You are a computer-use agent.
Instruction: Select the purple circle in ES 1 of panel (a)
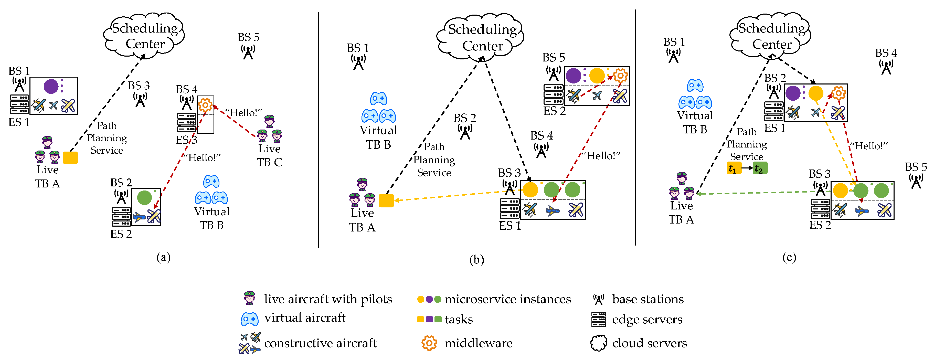coord(51,86)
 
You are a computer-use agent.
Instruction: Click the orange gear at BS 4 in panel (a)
coord(205,105)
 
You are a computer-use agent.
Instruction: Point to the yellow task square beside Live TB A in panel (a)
coord(70,158)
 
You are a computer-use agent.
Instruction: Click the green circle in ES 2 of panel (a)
coord(144,198)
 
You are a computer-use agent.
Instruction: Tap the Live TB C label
coord(269,155)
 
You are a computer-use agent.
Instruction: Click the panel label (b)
coord(476,260)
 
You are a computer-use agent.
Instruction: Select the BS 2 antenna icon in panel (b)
coord(465,132)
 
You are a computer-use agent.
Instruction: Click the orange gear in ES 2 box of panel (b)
coord(620,76)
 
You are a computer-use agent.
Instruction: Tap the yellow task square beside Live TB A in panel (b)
coord(386,200)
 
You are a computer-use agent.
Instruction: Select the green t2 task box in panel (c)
coord(760,168)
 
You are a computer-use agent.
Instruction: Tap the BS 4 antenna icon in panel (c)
coord(886,67)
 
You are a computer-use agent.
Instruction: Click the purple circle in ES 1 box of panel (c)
coord(793,93)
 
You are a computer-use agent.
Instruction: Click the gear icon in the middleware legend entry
coord(429,343)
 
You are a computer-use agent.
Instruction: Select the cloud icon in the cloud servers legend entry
coord(598,343)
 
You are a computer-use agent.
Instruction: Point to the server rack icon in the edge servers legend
coord(598,319)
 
